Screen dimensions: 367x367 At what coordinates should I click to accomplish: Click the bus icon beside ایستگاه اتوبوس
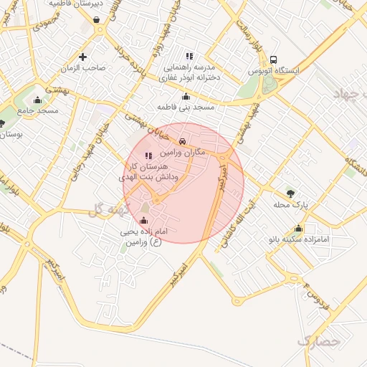274,61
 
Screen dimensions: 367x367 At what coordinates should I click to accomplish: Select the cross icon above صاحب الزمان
83,57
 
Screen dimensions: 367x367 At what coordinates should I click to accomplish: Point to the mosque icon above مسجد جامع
37,100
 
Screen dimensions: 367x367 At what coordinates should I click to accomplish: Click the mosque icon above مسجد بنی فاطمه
186,96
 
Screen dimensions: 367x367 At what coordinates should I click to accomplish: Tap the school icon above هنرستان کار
148,156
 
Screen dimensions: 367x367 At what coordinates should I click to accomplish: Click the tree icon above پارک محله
290,194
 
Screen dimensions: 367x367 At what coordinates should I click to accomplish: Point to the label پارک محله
290,204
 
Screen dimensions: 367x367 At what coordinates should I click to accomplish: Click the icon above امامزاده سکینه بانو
298,229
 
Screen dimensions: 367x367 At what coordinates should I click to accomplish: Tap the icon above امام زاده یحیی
147,220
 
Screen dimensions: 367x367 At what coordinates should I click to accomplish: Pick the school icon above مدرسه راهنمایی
189,55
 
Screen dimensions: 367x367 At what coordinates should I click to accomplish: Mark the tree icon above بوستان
2,124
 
